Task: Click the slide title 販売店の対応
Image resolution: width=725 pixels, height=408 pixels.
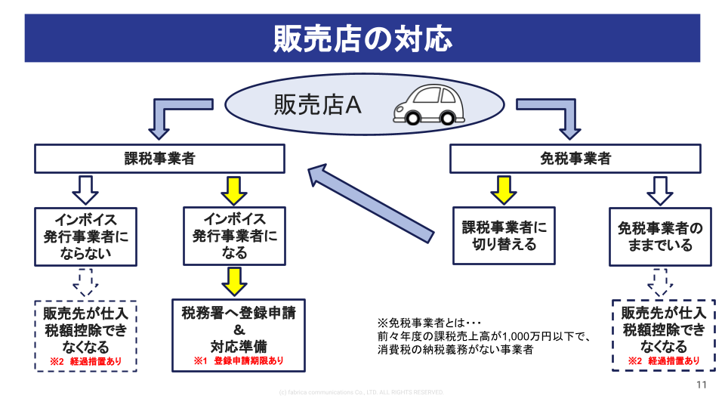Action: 362,38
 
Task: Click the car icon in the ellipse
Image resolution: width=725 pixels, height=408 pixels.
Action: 427,106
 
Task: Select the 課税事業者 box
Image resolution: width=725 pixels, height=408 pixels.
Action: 159,159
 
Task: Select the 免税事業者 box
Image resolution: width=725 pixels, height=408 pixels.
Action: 575,159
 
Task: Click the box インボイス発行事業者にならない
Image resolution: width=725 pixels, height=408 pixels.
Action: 85,236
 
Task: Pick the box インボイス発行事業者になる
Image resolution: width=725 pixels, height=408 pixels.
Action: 234,236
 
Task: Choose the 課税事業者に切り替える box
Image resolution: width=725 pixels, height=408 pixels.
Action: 504,235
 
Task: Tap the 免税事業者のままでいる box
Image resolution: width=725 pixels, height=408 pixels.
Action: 660,236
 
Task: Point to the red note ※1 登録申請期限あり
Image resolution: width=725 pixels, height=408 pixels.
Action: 239,361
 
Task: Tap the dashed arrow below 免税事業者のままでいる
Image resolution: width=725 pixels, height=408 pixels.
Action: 660,283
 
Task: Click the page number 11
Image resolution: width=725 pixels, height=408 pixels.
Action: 702,385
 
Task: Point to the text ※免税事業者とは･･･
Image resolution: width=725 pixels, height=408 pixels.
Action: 428,321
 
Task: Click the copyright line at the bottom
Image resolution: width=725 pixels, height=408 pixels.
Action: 361,392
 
